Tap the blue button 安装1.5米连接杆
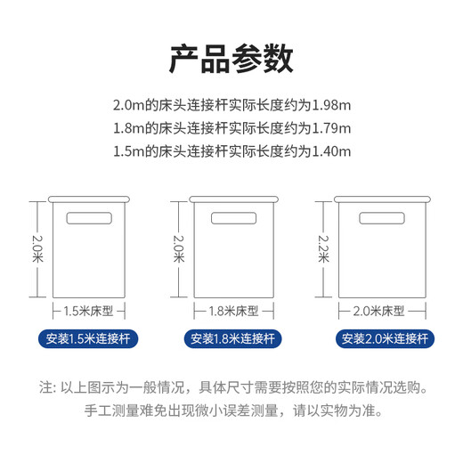pyautogui.click(x=92, y=339)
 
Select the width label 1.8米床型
pyautogui.click(x=233, y=312)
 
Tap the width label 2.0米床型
pyautogui.click(x=379, y=312)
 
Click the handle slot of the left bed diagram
pyautogui.click(x=92, y=218)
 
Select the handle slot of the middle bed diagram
pyautogui.click(x=233, y=218)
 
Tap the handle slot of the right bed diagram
pyautogui.click(x=378, y=218)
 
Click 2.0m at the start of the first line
pyautogui.click(x=130, y=102)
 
